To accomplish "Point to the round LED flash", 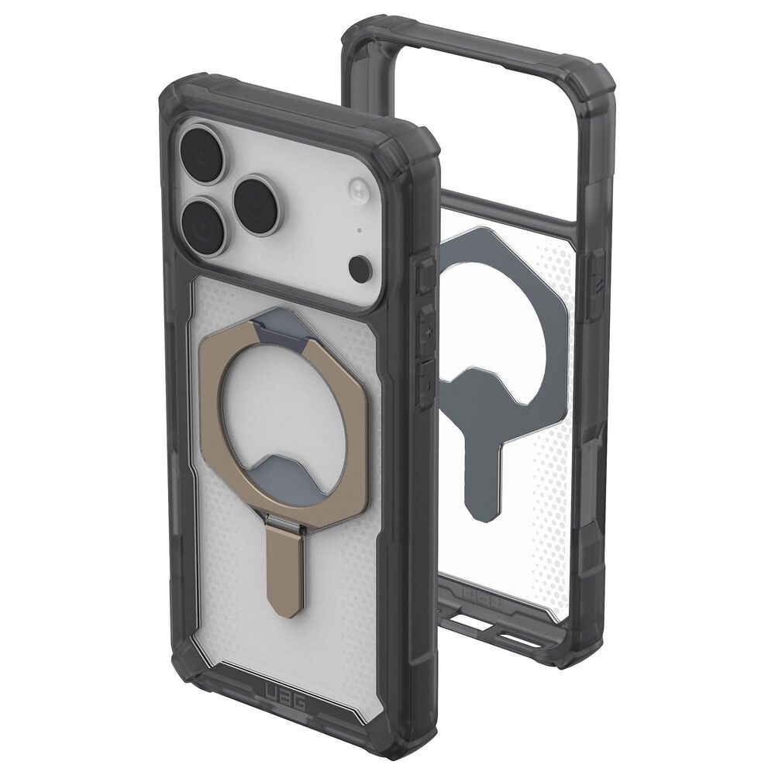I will (358, 191).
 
